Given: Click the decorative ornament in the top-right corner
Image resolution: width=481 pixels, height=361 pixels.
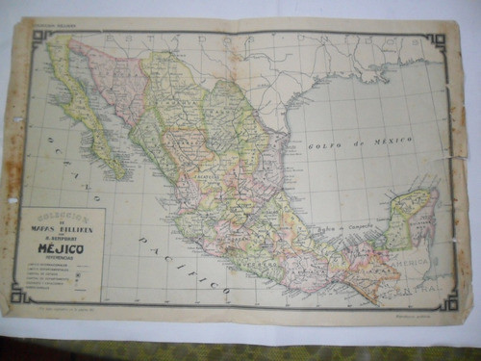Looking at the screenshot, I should pos(438,41).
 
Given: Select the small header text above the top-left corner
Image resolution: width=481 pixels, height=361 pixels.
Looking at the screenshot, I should pos(52,24).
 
